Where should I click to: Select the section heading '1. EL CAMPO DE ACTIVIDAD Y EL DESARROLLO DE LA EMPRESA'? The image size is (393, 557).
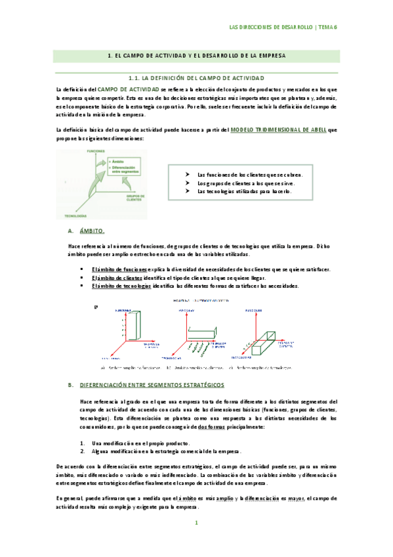pos(196,57)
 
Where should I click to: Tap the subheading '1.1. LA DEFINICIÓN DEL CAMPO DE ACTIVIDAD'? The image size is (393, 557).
pos(196,78)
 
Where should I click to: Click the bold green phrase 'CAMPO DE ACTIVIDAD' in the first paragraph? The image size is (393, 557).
pos(128,88)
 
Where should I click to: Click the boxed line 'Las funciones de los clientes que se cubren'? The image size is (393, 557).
pos(250,175)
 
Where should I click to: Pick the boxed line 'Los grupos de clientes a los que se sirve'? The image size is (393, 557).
pos(245,183)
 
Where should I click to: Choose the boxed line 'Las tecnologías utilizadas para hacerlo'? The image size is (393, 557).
pos(241,192)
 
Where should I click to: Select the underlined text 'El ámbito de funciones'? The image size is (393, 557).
pos(119,269)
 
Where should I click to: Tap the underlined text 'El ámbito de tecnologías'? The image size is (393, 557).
pos(122,286)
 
